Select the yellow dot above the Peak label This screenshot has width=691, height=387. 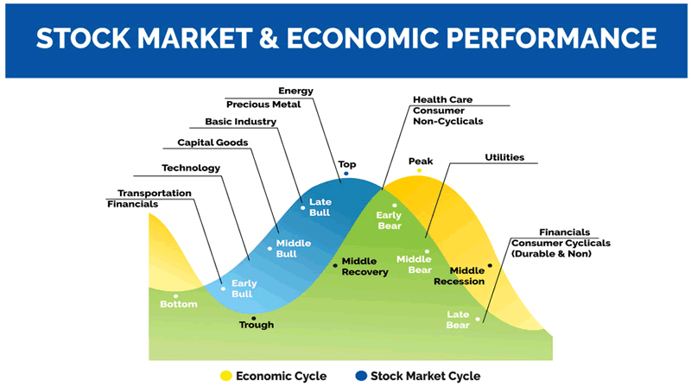coord(420,171)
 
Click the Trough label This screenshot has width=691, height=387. coord(257,325)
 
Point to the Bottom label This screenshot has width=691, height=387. coord(179,304)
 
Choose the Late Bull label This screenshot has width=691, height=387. coord(320,207)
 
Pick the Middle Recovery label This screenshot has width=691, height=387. coord(365,266)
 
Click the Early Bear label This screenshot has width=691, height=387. coord(390,220)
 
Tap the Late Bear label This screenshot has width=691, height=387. coord(458,319)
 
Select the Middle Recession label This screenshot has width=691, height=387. coord(459,276)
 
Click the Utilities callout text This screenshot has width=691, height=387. coord(505,157)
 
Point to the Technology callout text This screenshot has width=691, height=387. coord(191,168)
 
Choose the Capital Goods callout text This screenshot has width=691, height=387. coord(212,143)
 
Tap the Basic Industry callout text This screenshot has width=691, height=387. coord(240,122)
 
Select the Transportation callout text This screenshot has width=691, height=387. coord(155,193)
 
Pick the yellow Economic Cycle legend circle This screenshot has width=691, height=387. coord(226,376)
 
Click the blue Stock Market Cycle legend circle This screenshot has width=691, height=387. coord(360,376)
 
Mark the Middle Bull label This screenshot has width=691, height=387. coord(293,249)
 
